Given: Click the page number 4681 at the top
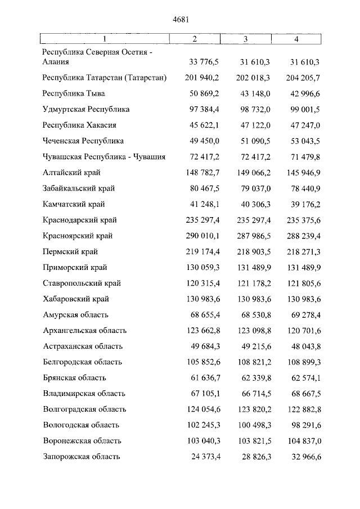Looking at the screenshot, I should coord(179,19).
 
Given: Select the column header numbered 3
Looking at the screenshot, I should coord(246,39).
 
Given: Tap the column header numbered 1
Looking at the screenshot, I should coord(105,39).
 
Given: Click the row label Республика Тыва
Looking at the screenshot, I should coord(74,93).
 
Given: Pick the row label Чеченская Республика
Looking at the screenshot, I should coord(83,141).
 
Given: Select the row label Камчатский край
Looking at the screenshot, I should coord(74,204).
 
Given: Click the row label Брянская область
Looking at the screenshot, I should coord(74,378).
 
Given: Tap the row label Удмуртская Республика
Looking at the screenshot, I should coord(86,109).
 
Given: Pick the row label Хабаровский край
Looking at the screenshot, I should coord(76,299).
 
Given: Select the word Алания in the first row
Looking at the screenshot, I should coord(56,62).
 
